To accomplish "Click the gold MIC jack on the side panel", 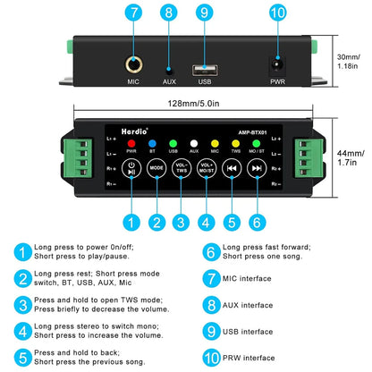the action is [133, 64].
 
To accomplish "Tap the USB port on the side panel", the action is [205, 71].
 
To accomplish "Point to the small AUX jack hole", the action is [169, 72].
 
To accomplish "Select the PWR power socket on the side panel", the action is [277, 65].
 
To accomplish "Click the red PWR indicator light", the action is [131, 144].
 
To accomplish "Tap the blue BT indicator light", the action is [152, 144].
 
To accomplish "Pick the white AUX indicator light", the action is [194, 144].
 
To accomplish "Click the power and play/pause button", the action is [131, 168].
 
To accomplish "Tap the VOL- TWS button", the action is [182, 168].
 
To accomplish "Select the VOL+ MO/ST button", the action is [207, 168].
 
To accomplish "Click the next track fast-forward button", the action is [257, 168].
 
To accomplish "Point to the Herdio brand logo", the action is [134, 131].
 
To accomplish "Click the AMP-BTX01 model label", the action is [252, 132].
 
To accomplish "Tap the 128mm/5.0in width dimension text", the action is [193, 104].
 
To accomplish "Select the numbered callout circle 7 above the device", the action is [133, 13].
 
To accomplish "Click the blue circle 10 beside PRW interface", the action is [211, 358].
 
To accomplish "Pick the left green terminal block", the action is [77, 157].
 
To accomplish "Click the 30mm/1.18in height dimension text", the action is [348, 62].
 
